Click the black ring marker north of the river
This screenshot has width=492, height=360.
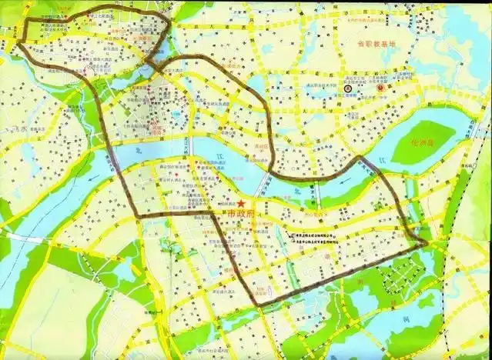348,88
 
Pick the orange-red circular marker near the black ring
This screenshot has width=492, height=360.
380,88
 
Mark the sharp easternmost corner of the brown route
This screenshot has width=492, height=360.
426,245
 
